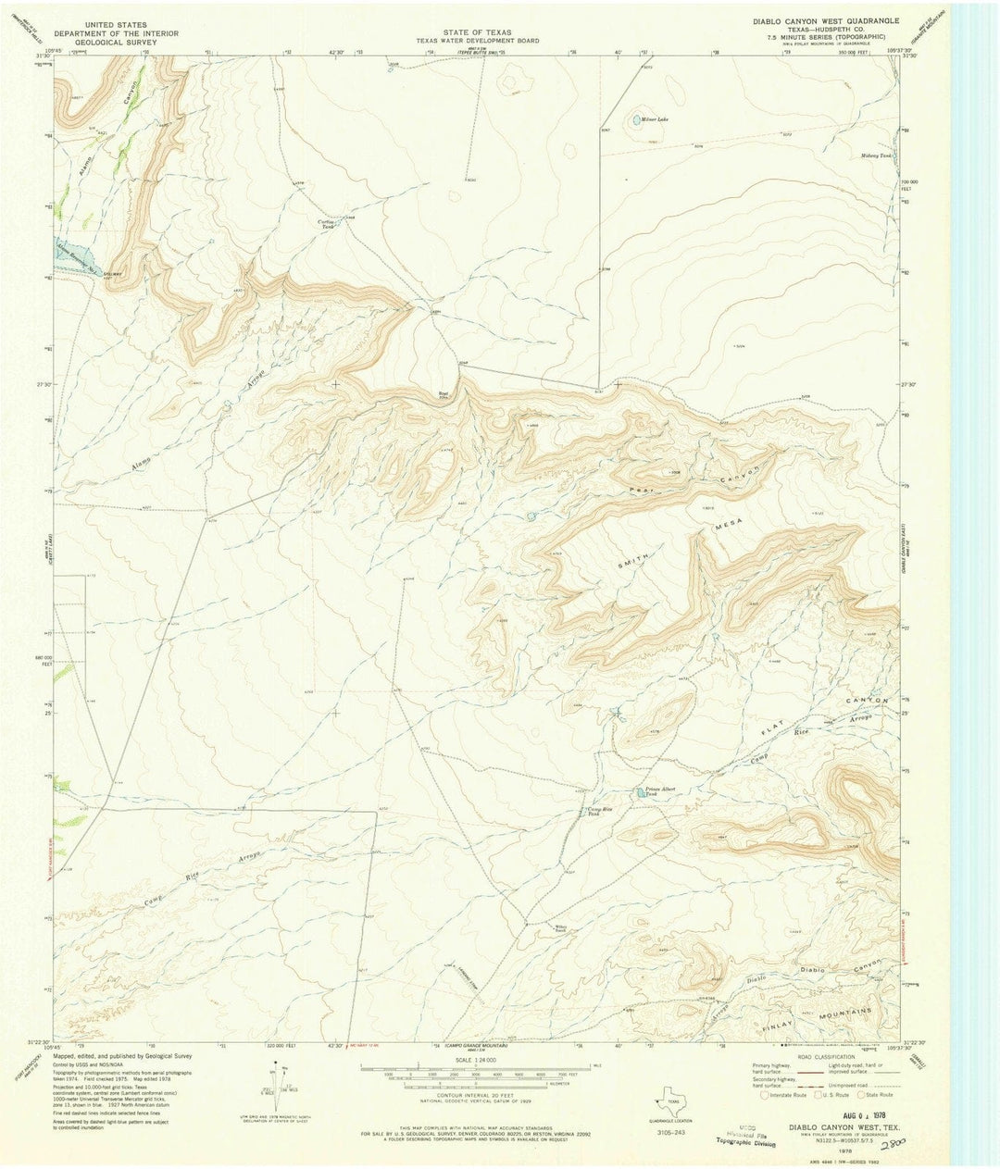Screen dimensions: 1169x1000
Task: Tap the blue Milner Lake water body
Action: click(636, 119)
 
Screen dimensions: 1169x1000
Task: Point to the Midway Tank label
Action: click(875, 155)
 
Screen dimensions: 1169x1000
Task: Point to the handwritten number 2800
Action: click(894, 1145)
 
